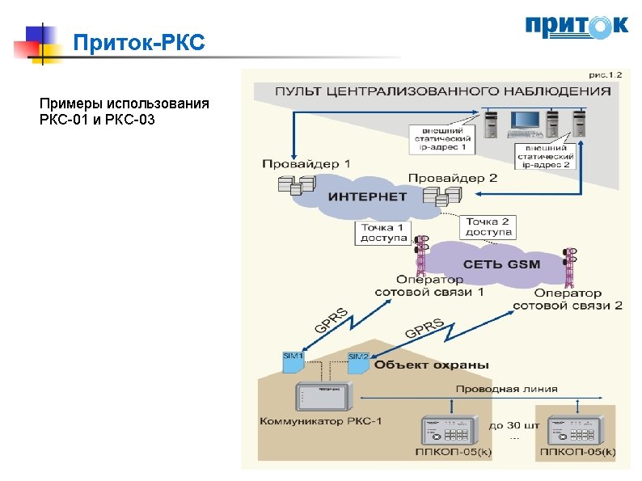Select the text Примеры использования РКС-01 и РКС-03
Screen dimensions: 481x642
point(124,112)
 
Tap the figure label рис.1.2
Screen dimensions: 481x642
point(605,74)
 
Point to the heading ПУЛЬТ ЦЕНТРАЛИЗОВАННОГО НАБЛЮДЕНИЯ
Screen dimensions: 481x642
point(442,91)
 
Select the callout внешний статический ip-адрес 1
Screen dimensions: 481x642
point(441,138)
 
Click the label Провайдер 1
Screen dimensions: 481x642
point(306,163)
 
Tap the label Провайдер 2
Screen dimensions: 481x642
point(453,178)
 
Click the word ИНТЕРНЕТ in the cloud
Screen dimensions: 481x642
point(366,196)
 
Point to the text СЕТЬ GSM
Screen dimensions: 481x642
point(501,264)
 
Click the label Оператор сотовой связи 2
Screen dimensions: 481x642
point(568,299)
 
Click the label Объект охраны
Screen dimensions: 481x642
point(432,365)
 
